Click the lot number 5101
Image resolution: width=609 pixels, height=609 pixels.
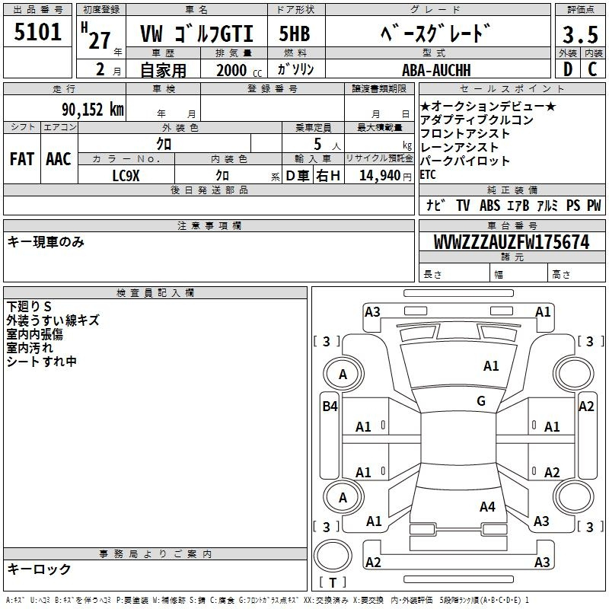point(37,32)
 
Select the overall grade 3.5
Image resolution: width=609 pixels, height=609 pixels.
point(580,35)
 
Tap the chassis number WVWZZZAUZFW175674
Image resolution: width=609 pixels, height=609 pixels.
point(512,242)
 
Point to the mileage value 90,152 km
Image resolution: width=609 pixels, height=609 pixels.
point(93,110)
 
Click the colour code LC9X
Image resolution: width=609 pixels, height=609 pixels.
point(126,176)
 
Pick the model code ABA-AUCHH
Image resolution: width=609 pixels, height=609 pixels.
point(436,70)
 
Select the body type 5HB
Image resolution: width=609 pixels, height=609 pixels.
point(295,33)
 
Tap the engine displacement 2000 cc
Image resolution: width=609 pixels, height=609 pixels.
point(239,71)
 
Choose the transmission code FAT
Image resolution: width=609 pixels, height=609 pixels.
point(22,159)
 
